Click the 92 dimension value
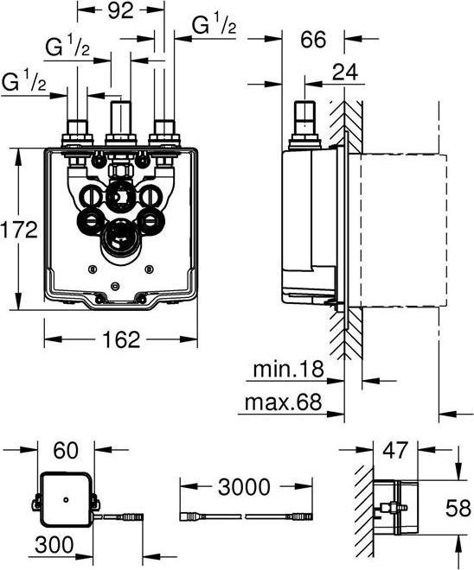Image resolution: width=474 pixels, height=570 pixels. click(x=121, y=11)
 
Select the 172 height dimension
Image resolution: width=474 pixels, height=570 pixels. click(x=19, y=230)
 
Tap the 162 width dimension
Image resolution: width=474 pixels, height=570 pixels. click(x=121, y=339)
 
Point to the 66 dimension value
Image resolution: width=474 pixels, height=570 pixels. click(x=313, y=39)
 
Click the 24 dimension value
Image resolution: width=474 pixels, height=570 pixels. click(x=345, y=72)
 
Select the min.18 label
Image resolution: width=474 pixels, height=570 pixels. click(x=288, y=369)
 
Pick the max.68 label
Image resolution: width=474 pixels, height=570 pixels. click(x=284, y=402)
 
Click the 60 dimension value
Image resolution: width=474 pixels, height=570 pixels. click(x=66, y=451)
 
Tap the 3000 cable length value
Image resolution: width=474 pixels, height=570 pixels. click(x=244, y=487)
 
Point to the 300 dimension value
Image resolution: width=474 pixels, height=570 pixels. click(x=54, y=545)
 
